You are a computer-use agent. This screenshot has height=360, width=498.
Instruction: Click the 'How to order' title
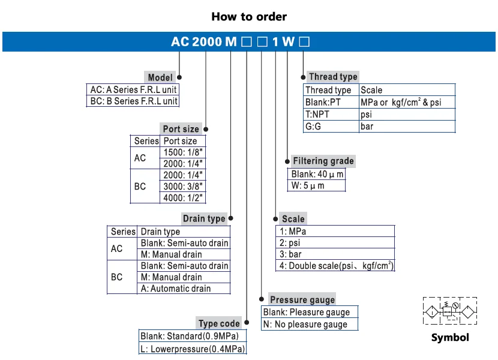pos(249,17)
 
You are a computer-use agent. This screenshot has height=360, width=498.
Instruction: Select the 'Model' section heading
pos(160,77)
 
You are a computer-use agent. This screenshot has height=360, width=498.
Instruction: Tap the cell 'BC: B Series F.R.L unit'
pos(133,101)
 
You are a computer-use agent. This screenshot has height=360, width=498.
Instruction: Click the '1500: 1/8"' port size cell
pos(182,152)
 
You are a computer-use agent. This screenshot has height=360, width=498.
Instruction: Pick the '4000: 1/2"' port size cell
pos(182,197)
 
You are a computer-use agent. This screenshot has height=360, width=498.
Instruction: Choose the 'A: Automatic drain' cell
pos(184,288)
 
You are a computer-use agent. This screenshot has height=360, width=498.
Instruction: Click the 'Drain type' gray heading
pos(204,218)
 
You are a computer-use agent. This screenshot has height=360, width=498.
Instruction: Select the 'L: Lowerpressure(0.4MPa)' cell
pos(193,349)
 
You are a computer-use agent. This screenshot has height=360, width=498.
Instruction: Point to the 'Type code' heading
pos(219,323)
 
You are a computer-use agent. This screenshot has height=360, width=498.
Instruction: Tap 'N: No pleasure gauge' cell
pos(310,324)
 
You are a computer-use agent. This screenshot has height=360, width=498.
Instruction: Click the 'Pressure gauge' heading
pos(302,299)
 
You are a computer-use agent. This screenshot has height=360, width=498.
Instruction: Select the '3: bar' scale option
pos(335,254)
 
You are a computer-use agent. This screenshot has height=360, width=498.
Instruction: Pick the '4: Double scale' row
pos(335,266)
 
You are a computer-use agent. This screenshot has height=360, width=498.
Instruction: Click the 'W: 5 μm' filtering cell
pos(316,185)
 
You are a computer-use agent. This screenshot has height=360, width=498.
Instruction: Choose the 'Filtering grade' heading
pos(323,161)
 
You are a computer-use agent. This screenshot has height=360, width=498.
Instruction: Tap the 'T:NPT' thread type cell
pos(331,115)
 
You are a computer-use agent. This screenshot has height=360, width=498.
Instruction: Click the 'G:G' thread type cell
pos(331,127)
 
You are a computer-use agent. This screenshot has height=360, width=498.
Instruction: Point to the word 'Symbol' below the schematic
pos(450,337)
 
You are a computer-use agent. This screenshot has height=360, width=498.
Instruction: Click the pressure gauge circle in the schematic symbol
pos(455,305)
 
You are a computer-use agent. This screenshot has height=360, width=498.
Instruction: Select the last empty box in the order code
pos(304,41)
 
